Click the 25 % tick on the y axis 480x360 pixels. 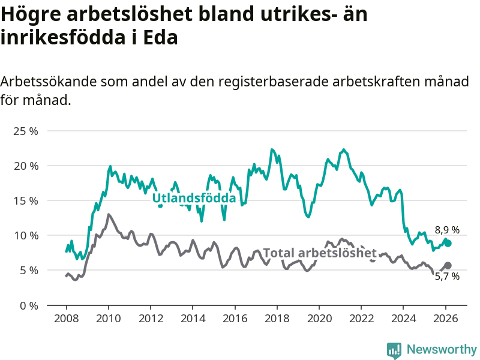point(26,131)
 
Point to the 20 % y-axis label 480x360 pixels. point(26,166)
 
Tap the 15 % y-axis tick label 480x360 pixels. point(26,200)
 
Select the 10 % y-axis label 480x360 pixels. point(26,235)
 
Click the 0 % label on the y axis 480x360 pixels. point(29,305)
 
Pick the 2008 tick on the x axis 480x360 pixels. point(66,318)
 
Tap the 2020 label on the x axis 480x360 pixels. point(319,318)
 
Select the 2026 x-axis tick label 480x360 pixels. point(446,318)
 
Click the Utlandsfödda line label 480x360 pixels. point(194,198)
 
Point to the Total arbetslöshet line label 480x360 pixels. point(320,253)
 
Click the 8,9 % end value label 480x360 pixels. point(447,230)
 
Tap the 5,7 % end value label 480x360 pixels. point(447,277)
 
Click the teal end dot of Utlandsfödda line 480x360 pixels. point(448,243)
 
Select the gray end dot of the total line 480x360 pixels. point(448,265)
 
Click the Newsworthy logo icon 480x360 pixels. point(394,350)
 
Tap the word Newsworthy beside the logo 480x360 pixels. point(442,350)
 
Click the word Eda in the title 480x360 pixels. point(161,38)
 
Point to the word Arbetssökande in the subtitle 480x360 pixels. point(50,82)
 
